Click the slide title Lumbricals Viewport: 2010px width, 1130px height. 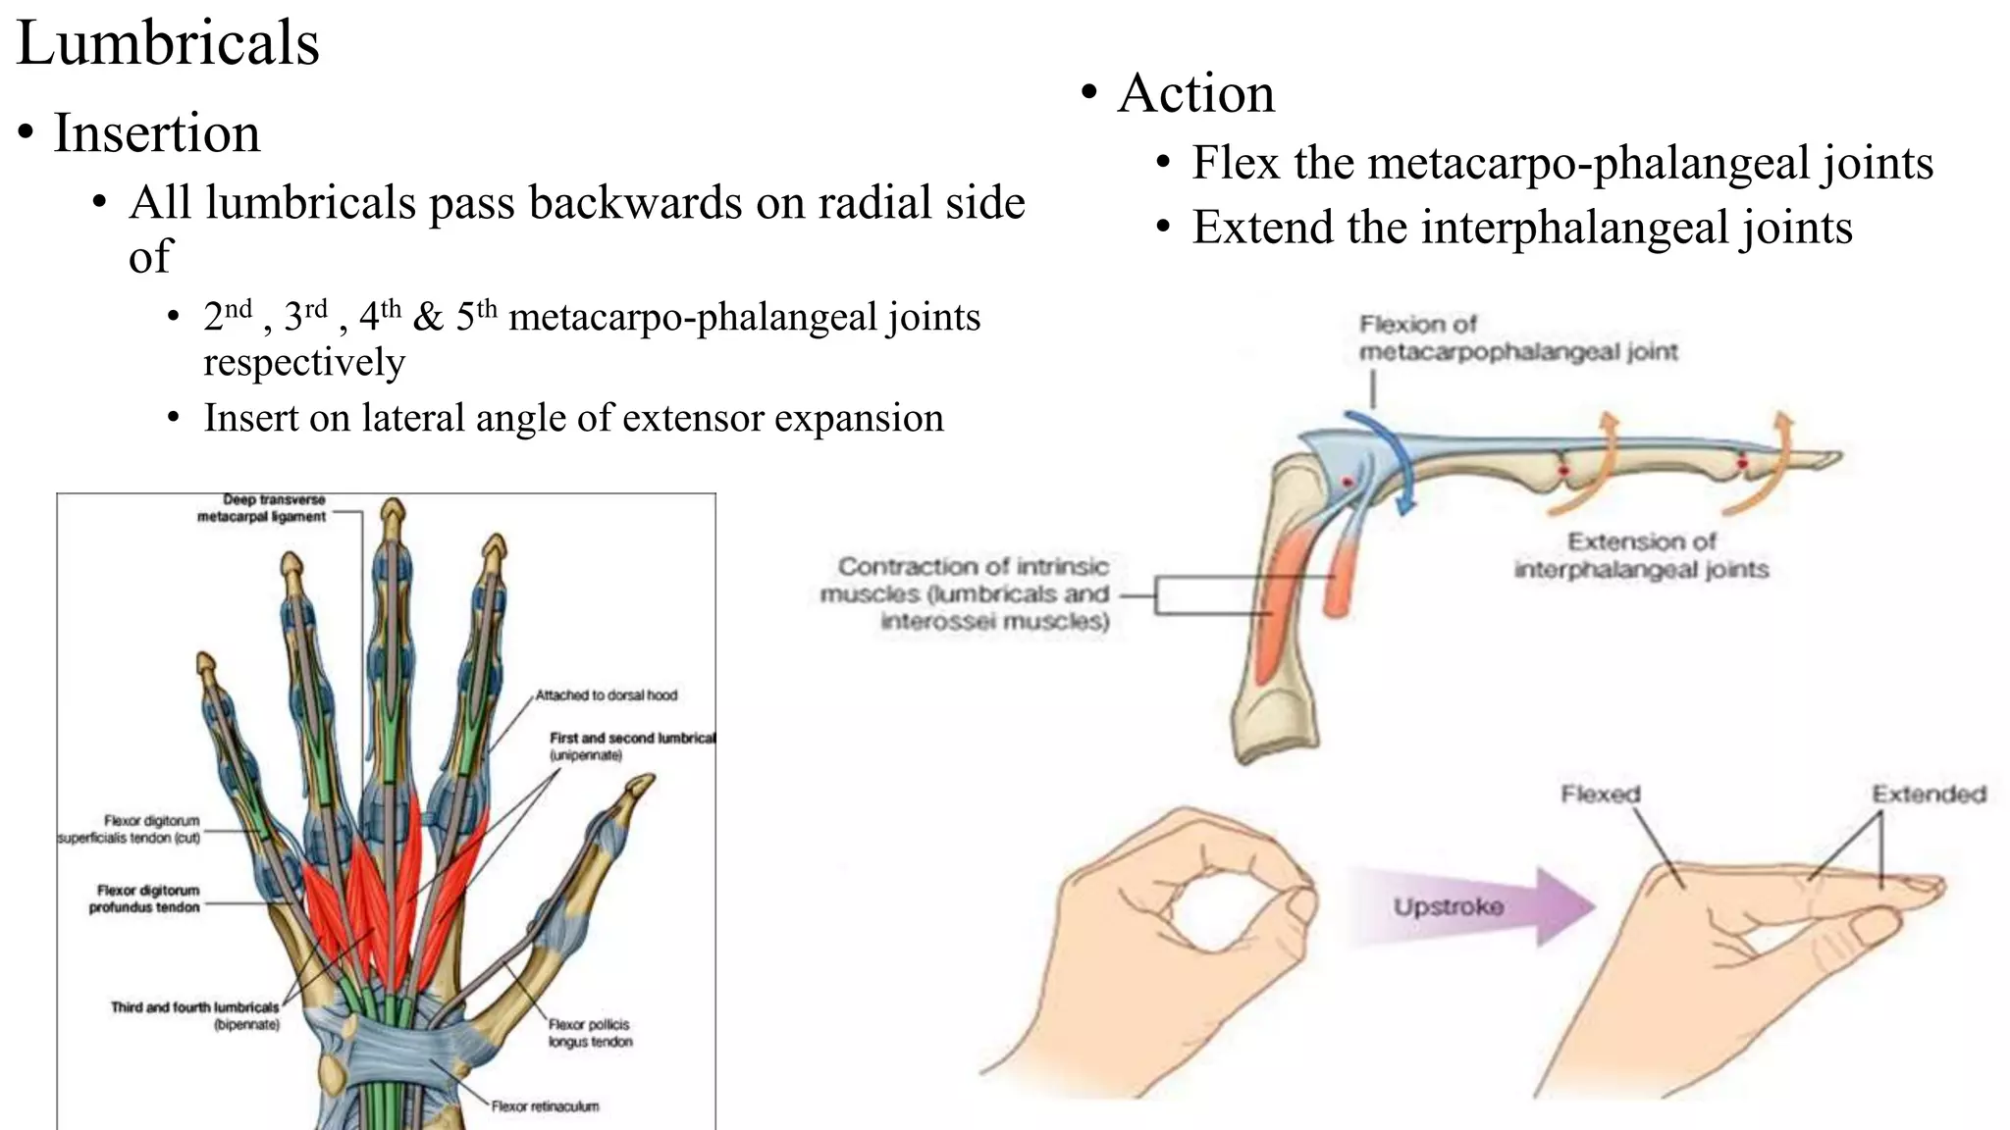(x=168, y=44)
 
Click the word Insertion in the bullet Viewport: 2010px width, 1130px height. (x=157, y=133)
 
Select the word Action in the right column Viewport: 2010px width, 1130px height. (x=1195, y=94)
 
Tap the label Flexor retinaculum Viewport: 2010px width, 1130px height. (x=545, y=1106)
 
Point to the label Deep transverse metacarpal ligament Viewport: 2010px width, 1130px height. (x=261, y=508)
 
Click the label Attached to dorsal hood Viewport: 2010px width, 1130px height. (x=606, y=695)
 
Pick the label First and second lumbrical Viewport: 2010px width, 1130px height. (x=631, y=739)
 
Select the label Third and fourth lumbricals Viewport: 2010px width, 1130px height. (x=194, y=1007)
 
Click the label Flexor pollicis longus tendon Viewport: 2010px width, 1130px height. (x=589, y=1033)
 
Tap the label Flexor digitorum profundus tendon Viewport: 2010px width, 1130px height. (x=146, y=899)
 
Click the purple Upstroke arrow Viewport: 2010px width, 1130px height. (x=1472, y=906)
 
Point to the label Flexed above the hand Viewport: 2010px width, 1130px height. (x=1600, y=795)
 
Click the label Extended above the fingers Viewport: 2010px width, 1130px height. (x=1928, y=795)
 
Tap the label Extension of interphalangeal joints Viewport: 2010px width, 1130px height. (x=1640, y=556)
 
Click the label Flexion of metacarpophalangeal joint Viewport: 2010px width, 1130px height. (x=1517, y=338)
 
